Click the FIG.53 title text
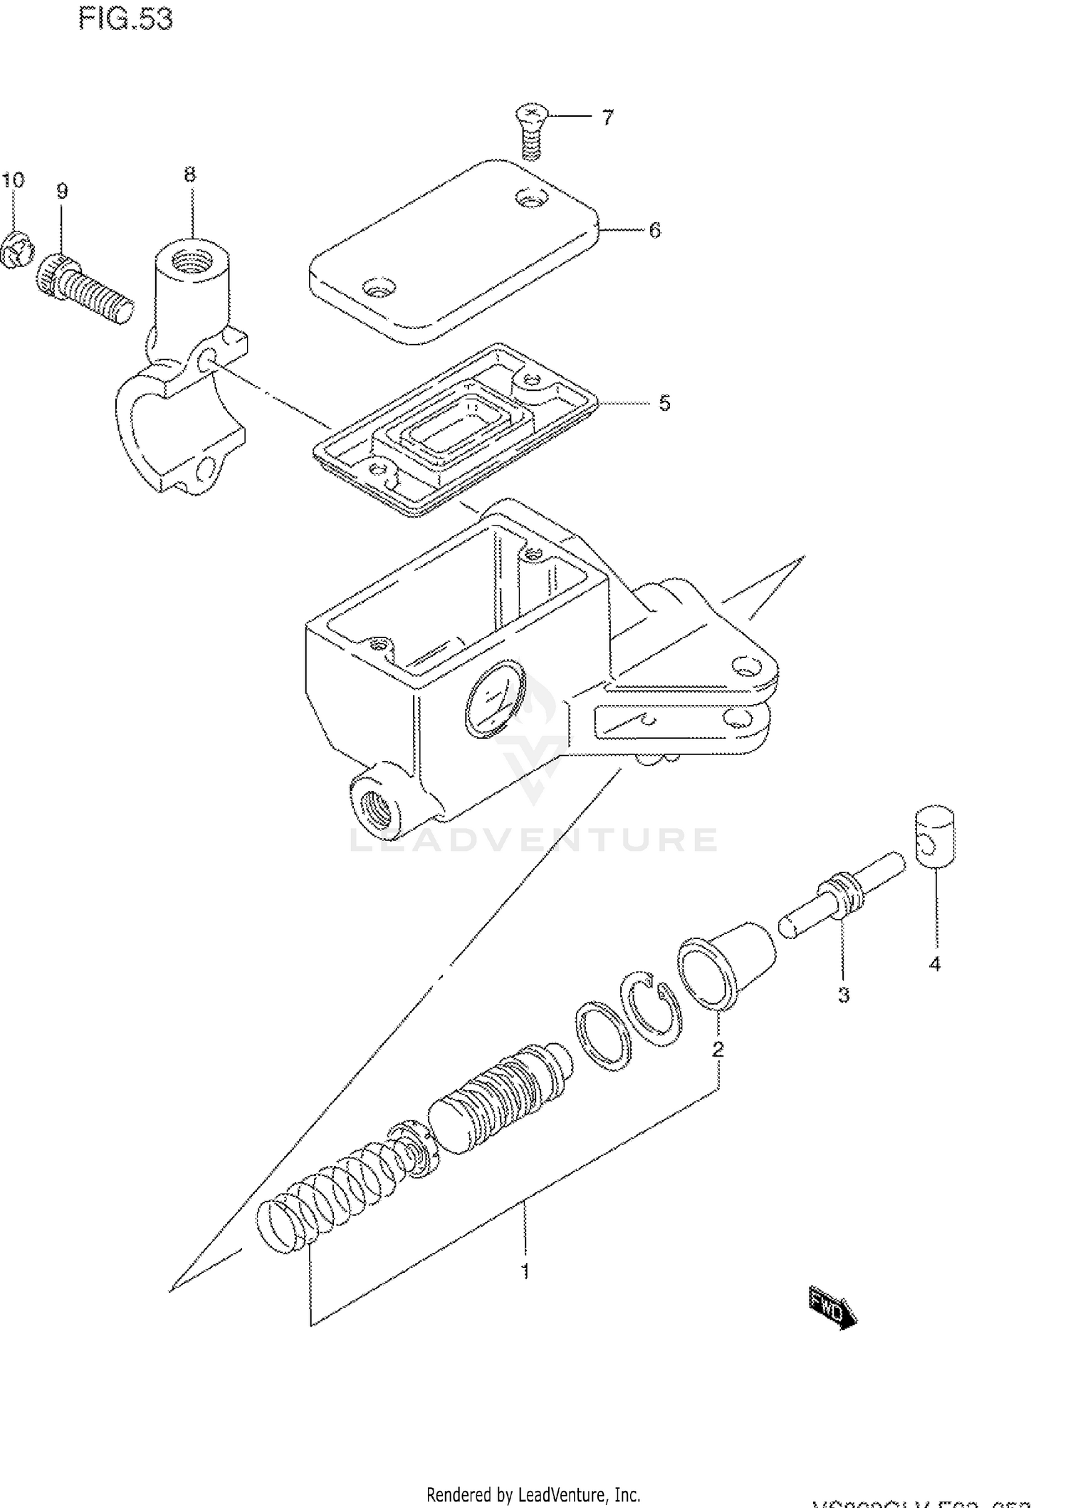125,19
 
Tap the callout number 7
607,117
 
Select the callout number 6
654,230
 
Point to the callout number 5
664,403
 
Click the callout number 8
189,174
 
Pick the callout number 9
62,191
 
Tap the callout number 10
13,179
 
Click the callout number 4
934,964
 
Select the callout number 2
718,1049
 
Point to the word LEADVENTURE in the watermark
534,839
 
